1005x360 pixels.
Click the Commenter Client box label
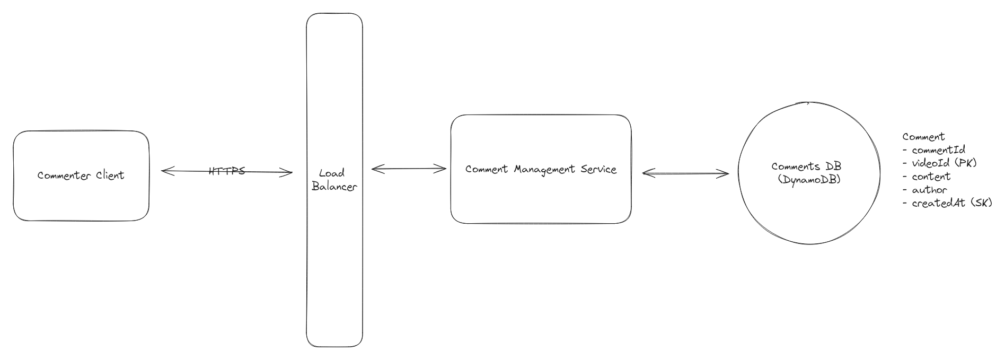(81, 175)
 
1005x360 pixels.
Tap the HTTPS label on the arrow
(227, 171)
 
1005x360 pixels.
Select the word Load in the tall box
(332, 173)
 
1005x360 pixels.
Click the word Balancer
(334, 187)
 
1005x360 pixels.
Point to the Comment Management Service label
(541, 169)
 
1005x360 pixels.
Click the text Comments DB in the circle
(806, 166)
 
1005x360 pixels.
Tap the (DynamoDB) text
(809, 180)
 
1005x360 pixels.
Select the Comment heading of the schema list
(923, 137)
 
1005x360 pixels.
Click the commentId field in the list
(938, 150)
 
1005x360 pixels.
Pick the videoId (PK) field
(944, 163)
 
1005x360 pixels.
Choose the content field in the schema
(931, 177)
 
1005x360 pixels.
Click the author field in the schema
(929, 190)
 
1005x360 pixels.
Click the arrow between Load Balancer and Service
(409, 169)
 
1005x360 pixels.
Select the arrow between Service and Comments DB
(685, 173)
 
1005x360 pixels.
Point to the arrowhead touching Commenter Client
(164, 171)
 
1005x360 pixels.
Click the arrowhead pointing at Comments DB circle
(726, 173)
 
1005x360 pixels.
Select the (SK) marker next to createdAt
(981, 203)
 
